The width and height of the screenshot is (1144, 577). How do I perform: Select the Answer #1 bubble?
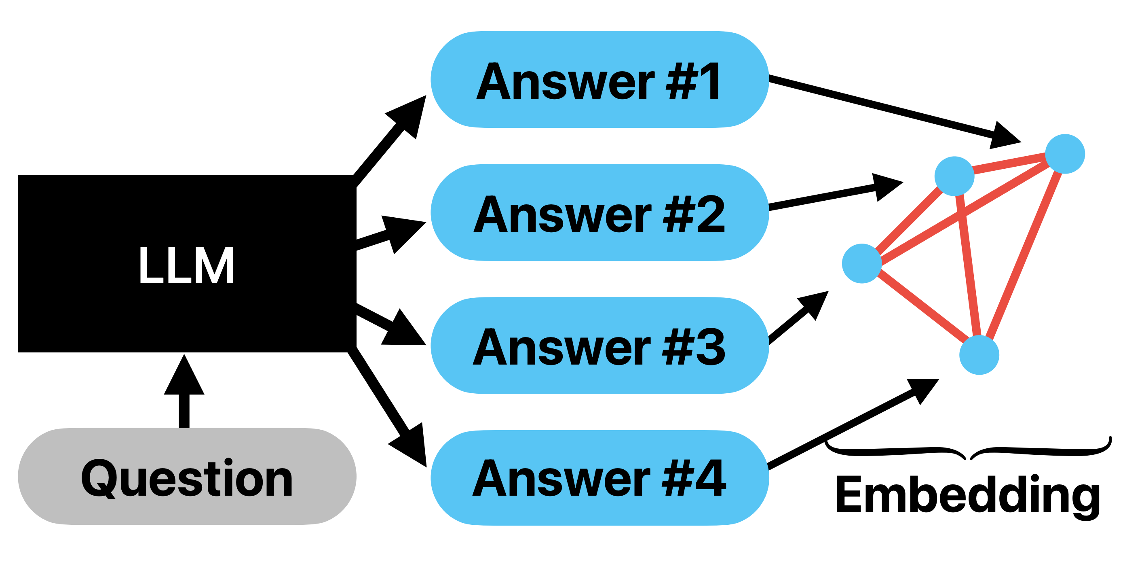pos(599,80)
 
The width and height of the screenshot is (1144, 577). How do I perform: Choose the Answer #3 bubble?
pos(599,346)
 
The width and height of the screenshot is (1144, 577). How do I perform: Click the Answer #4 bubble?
pos(599,478)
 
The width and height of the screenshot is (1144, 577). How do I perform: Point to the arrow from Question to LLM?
pos(184,391)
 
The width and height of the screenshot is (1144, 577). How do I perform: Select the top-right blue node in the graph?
pos(1065,154)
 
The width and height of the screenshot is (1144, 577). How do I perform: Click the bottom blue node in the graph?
pos(979,355)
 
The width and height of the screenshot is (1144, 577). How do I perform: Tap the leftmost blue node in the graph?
pos(861,263)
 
